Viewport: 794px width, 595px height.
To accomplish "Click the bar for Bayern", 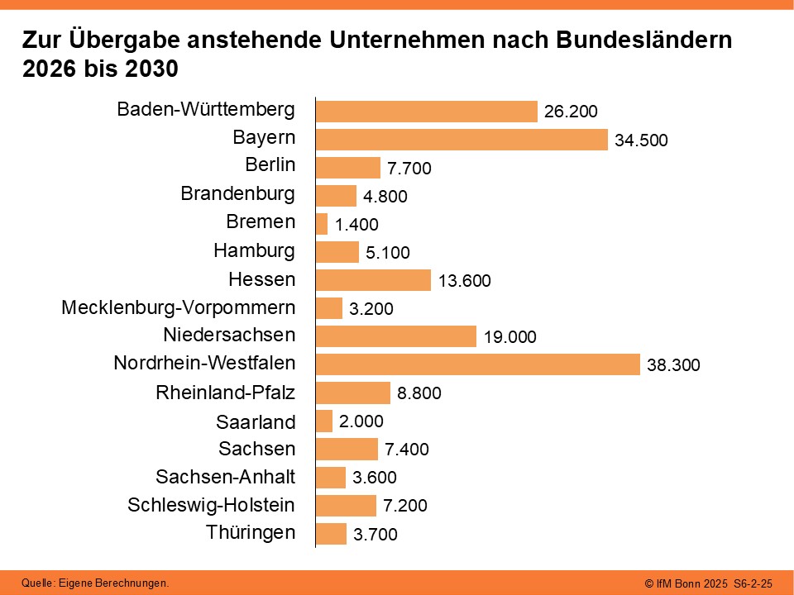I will click(462, 140).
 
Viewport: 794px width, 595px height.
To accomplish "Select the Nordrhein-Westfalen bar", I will click(477, 364).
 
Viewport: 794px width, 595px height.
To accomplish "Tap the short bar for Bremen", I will click(322, 224).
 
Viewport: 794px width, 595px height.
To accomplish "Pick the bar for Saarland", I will click(324, 421).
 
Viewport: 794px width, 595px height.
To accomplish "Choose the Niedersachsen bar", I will click(396, 336).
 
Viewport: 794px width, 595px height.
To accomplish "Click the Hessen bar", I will click(373, 280).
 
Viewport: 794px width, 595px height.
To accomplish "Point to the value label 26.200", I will click(571, 112).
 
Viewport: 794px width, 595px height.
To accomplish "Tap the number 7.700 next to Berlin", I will click(409, 169).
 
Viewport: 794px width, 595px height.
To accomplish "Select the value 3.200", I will click(371, 309).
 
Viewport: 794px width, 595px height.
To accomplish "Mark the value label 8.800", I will click(419, 393).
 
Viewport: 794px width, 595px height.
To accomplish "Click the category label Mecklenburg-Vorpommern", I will click(178, 308).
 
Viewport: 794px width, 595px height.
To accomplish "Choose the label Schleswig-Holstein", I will click(211, 505).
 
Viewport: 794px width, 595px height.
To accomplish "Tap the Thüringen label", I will click(251, 532).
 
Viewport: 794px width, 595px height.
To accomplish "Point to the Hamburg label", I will click(254, 250).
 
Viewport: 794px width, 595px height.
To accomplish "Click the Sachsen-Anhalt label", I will click(225, 477).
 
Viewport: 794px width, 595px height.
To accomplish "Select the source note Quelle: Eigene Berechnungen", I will click(95, 583).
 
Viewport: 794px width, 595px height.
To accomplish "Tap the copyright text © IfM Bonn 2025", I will click(686, 583).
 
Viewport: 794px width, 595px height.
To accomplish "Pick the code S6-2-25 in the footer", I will click(753, 583).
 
